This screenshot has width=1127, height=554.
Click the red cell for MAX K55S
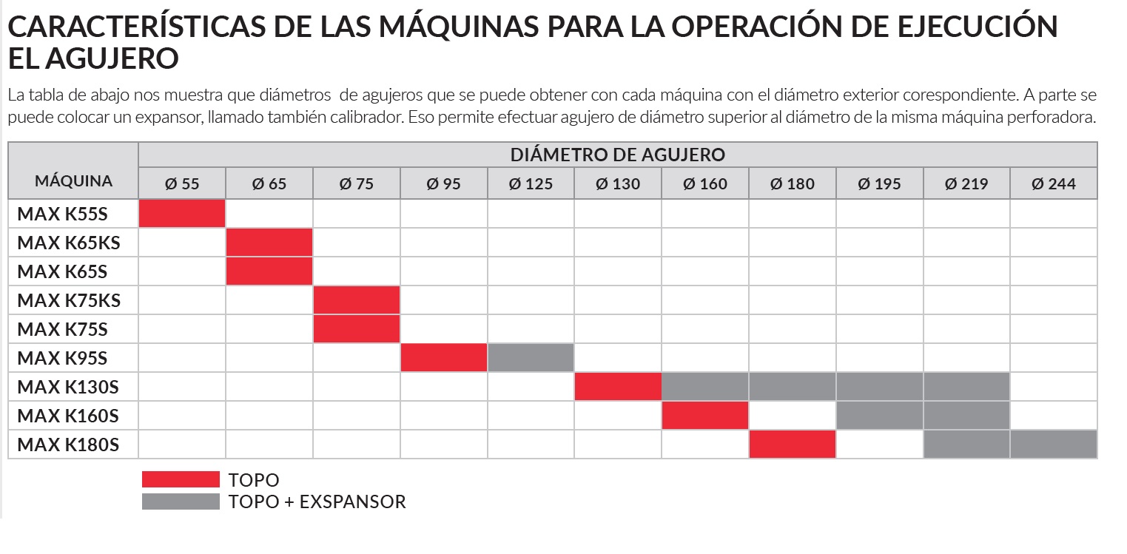tap(182, 214)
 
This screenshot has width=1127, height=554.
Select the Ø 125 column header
tap(531, 183)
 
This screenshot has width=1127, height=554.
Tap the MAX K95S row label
tap(62, 358)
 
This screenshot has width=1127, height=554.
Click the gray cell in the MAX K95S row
tap(531, 358)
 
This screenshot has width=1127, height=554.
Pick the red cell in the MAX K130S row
tap(618, 387)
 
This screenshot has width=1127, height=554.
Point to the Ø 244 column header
tap(1054, 183)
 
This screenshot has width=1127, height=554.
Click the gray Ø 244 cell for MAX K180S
tap(1054, 445)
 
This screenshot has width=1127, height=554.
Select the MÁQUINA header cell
tap(73, 180)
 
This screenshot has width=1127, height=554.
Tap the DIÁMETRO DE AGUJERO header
tap(617, 155)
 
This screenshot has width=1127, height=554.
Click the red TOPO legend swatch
tap(181, 479)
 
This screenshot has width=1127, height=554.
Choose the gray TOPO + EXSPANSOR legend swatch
tap(181, 501)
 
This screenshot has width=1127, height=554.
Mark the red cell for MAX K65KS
tap(269, 243)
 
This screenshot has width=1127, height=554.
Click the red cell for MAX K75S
tap(357, 329)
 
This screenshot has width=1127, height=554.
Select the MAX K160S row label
tap(68, 416)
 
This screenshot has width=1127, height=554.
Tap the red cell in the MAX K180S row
tap(793, 445)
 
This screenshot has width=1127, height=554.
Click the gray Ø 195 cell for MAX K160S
tap(880, 416)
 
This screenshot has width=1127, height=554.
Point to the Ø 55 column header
tap(182, 183)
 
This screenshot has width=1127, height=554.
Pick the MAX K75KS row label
tap(69, 300)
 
